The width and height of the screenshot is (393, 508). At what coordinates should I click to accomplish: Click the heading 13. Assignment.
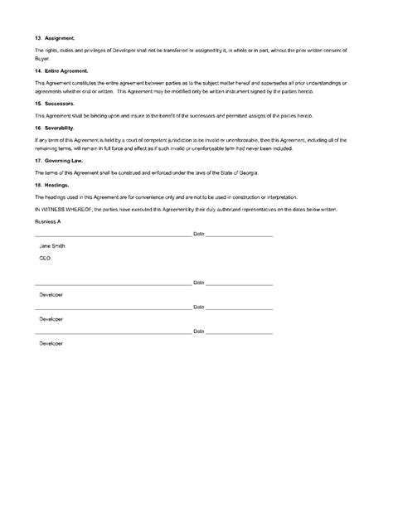tap(54, 38)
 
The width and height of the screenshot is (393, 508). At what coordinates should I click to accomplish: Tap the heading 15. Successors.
tap(55, 104)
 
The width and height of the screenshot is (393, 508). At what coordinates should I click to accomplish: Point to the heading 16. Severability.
tap(56, 129)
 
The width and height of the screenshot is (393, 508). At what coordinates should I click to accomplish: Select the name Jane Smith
tap(52, 248)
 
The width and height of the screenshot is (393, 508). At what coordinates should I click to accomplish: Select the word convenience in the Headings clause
tap(151, 197)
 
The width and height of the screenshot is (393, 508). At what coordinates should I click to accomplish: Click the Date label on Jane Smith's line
tap(199, 235)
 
